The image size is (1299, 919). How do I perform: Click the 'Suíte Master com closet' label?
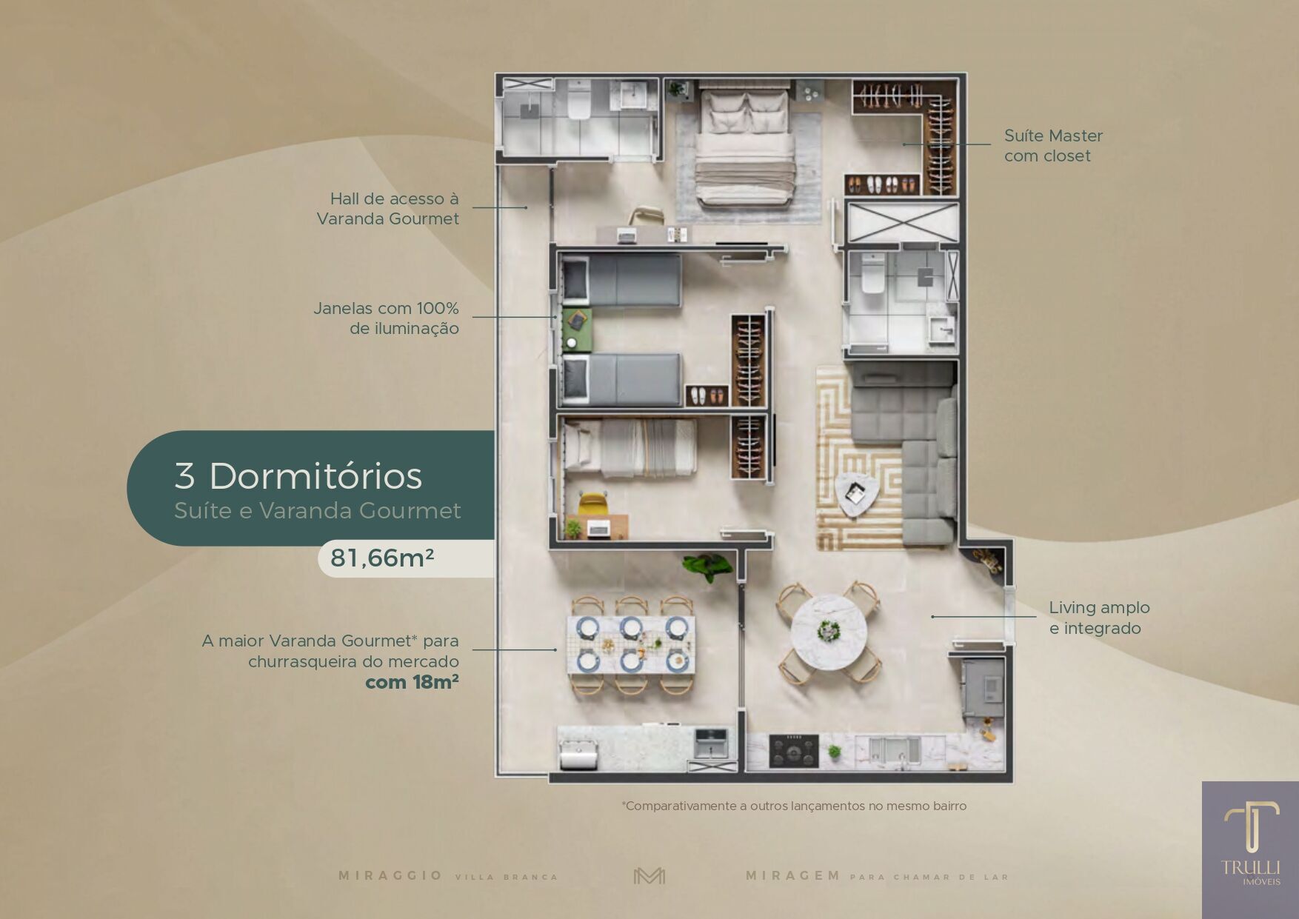[x=1053, y=146]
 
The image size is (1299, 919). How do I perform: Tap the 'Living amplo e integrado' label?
[x=1099, y=618]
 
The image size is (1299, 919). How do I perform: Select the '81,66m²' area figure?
[x=382, y=558]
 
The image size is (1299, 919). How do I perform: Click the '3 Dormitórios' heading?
[x=298, y=475]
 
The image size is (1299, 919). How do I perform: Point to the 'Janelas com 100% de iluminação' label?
[x=386, y=318]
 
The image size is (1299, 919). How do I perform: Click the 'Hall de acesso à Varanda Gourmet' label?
[x=387, y=208]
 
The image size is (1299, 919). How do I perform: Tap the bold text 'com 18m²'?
[x=412, y=682]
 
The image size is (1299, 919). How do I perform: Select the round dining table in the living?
[x=829, y=632]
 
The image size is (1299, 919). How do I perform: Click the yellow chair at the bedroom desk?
[x=592, y=503]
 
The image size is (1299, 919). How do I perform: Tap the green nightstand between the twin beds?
[x=576, y=330]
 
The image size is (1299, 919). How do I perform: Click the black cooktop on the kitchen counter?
[x=794, y=751]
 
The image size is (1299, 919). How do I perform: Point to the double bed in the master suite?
[x=745, y=146]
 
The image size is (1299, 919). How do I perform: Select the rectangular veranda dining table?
[x=631, y=645]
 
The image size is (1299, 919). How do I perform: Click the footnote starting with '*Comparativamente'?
[x=794, y=806]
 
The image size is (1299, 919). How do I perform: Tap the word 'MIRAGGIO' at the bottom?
[x=390, y=876]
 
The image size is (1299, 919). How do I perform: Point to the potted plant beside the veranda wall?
[x=707, y=566]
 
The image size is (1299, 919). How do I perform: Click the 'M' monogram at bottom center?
[x=649, y=876]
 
